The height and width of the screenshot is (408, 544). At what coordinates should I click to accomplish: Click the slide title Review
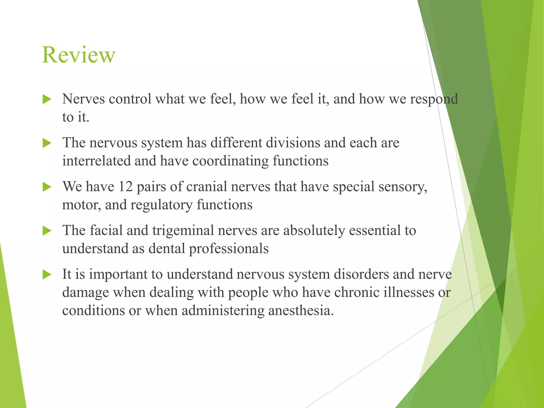(79, 55)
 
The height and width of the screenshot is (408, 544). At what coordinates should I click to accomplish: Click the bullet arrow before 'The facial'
(47, 231)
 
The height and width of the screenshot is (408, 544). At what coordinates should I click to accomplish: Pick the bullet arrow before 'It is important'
(47, 275)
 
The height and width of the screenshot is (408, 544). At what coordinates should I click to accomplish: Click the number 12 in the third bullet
(125, 186)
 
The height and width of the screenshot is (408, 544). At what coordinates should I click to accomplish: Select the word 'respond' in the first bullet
(434, 99)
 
